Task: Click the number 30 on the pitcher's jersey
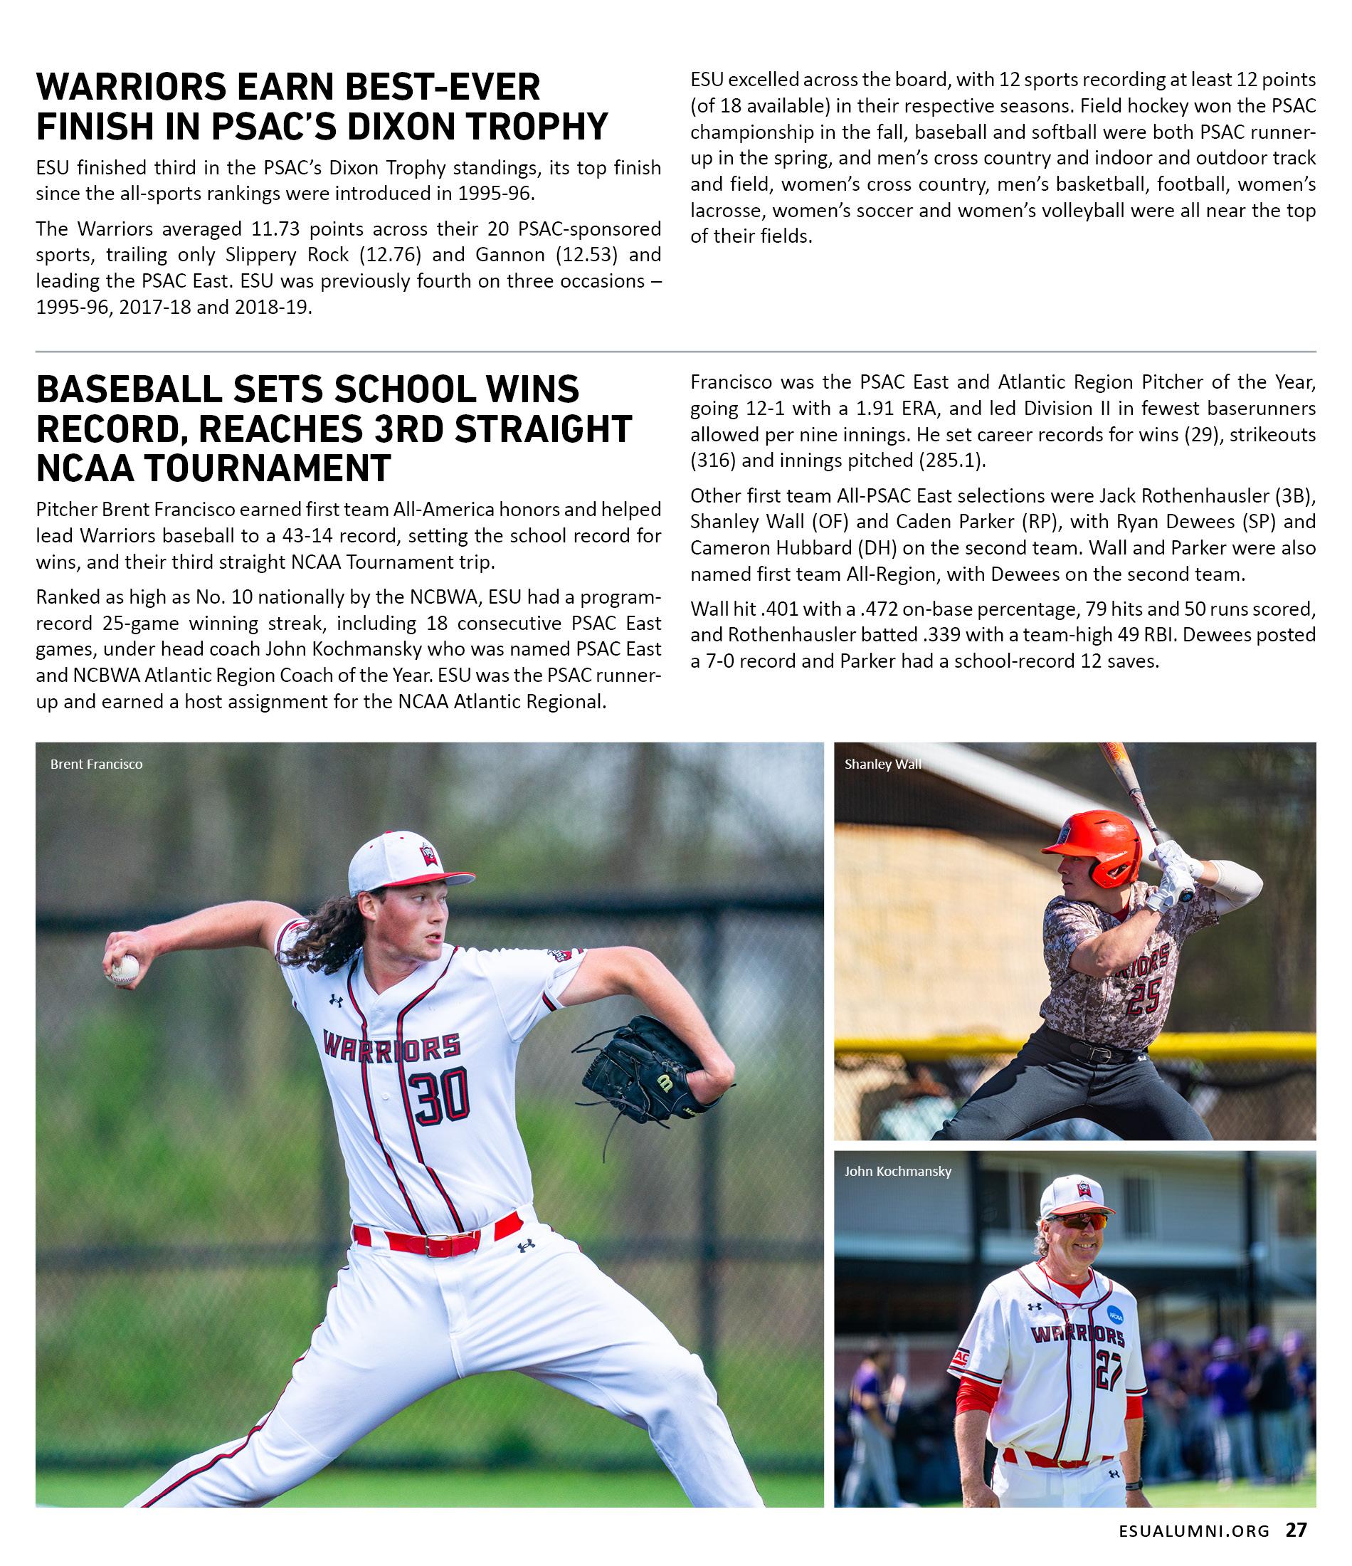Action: tap(440, 1097)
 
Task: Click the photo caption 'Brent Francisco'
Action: tap(96, 764)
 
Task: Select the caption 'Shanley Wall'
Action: tap(882, 764)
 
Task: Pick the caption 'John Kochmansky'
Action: tap(898, 1172)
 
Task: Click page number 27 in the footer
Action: tap(1296, 1530)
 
